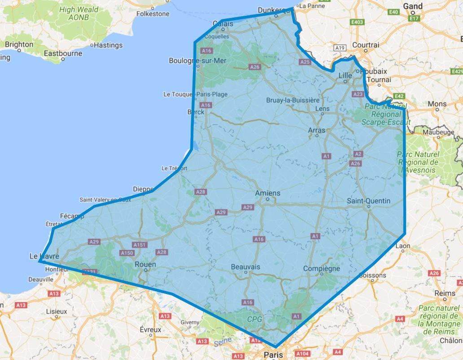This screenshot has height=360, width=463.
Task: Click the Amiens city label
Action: coord(267,193)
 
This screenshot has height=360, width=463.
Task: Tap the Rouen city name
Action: coord(145,264)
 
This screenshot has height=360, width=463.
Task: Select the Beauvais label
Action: coord(245,267)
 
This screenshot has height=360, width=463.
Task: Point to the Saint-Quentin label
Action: coord(368,201)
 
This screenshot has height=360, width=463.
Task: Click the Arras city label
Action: coord(316,130)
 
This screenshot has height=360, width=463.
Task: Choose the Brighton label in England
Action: coord(19,44)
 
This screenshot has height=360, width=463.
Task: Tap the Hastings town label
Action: coord(108,45)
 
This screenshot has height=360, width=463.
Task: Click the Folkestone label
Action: coord(153,14)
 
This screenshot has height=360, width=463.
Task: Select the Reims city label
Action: coord(445,293)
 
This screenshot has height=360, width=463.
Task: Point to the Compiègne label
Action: coord(322,268)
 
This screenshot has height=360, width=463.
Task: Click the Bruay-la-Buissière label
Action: coord(293,100)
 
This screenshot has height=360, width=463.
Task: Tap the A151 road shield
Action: coord(140,245)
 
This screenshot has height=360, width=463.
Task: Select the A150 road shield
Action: coord(127,253)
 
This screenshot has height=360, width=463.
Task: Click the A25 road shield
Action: coord(305,62)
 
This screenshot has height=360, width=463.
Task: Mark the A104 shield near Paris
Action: coord(303,353)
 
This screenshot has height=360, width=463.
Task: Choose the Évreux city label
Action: coord(150,329)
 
